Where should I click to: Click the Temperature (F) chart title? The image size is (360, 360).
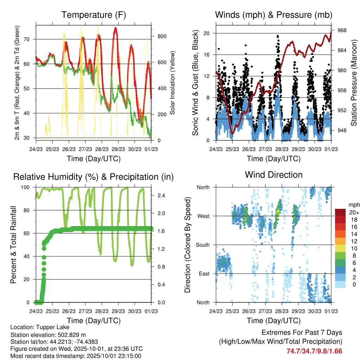coord(93,15)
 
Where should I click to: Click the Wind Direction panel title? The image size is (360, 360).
coord(274,174)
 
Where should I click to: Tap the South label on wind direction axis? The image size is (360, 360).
coord(203,245)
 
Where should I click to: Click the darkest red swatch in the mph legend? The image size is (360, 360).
coord(340,212)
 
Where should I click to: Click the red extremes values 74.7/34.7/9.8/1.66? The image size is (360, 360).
coord(314,351)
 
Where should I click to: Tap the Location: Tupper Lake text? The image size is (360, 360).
coord(39,327)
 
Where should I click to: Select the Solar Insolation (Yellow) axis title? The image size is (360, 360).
coord(172,83)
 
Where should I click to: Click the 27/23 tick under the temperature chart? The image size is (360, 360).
coord(85,149)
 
